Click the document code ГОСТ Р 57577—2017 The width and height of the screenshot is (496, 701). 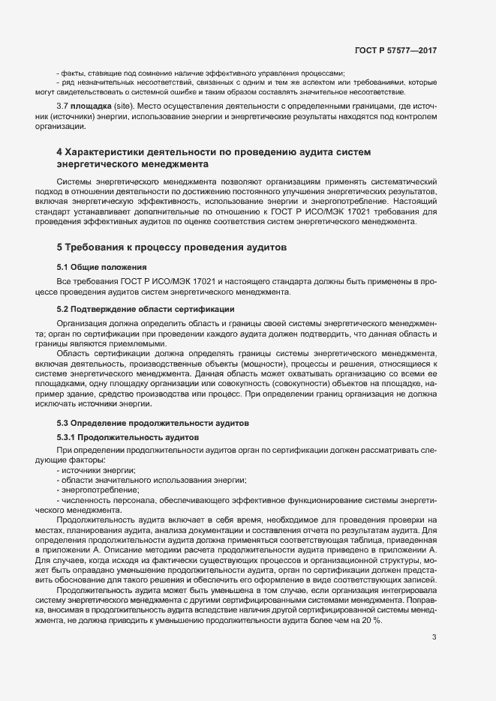click(395, 51)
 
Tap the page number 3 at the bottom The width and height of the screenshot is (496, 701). click(434, 638)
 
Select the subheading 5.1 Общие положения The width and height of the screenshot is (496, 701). click(101, 267)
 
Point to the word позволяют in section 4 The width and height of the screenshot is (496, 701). click(239, 182)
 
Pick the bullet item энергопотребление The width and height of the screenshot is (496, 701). click(94, 490)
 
